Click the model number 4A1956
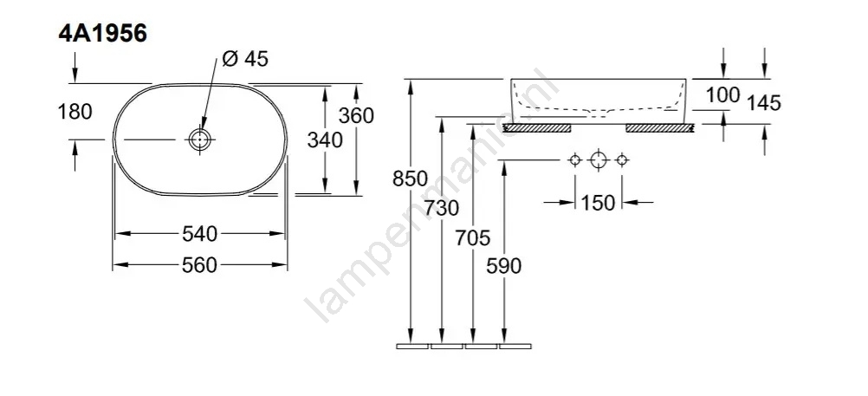coord(102,33)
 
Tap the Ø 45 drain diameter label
coord(244,58)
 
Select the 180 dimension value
coord(74,112)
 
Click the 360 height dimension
coord(357,116)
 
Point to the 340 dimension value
coord(325,140)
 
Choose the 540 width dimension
coord(200,234)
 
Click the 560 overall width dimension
coord(200,265)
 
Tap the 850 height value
coord(411,179)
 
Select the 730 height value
coord(442,208)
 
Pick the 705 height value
coord(473,238)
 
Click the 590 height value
coord(504,266)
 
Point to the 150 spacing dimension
coord(598,204)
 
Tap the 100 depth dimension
coord(723,95)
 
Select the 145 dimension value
coord(764,103)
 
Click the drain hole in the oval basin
coord(198,139)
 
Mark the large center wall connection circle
coord(599,160)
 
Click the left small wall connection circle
coord(575,160)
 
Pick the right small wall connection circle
coord(622,160)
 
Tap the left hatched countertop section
coord(536,128)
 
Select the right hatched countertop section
coord(660,128)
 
